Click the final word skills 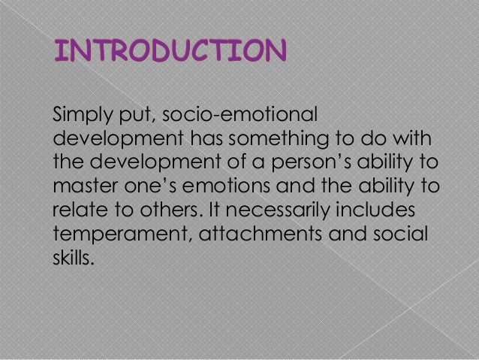click(x=73, y=256)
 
